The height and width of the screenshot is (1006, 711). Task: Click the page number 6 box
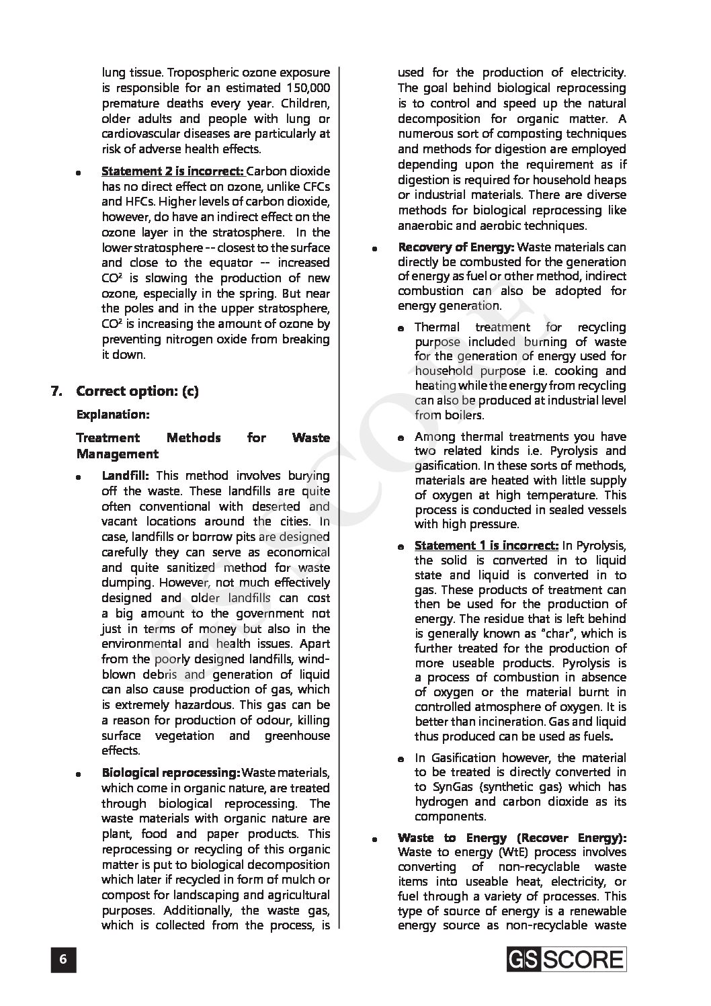click(x=63, y=959)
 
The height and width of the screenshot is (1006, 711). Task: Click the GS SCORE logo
click(x=567, y=959)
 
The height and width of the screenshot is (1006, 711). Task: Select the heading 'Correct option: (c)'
click(x=137, y=391)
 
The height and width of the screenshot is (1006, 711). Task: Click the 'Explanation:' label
click(x=113, y=414)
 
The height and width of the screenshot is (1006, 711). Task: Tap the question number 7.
click(x=57, y=391)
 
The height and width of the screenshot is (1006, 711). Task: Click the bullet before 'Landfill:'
click(x=79, y=477)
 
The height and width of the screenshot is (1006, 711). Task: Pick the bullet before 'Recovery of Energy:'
click(x=374, y=249)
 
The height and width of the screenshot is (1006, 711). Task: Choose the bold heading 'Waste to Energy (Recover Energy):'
click(x=511, y=837)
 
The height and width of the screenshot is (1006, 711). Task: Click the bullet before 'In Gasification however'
click(x=401, y=759)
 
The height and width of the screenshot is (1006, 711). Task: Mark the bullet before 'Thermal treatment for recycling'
click(x=401, y=328)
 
